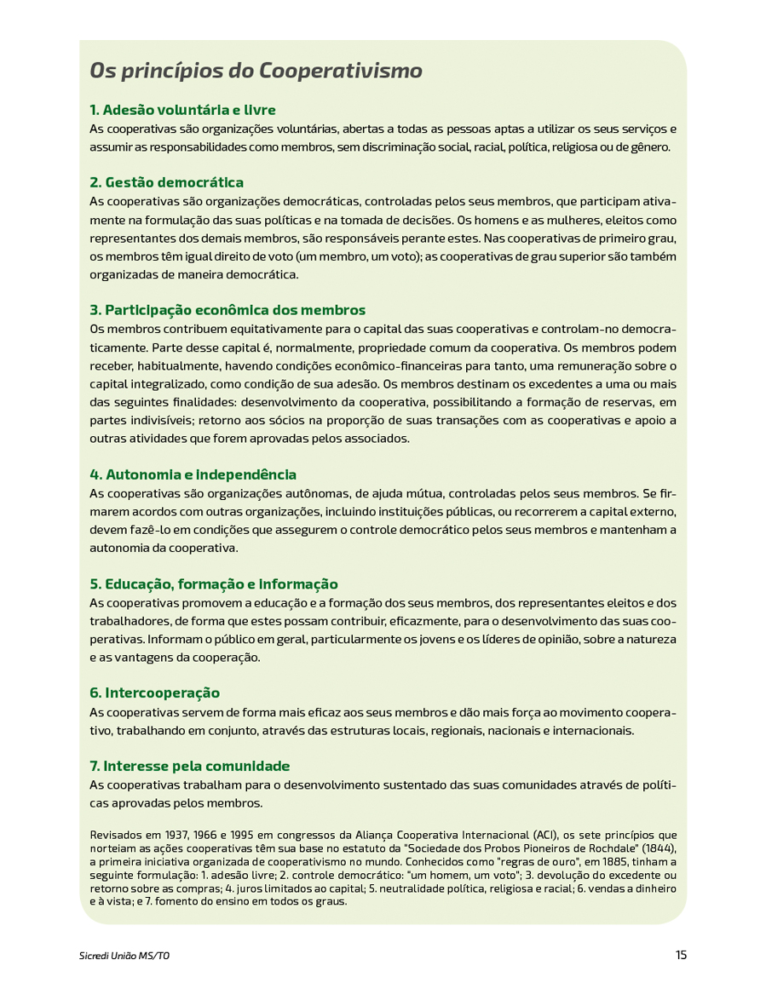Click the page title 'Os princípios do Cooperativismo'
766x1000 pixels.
point(256,70)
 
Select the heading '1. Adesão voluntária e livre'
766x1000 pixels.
point(182,110)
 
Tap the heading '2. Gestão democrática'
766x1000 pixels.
point(166,182)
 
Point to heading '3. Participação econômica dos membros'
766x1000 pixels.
point(227,310)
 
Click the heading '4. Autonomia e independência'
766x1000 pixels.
point(193,474)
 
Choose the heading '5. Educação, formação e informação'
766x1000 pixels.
point(214,584)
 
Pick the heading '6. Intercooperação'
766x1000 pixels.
point(154,693)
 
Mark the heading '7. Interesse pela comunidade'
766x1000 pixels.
point(189,766)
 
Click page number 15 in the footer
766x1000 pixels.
point(681,955)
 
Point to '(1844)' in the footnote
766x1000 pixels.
point(659,849)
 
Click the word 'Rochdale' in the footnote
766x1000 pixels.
point(608,849)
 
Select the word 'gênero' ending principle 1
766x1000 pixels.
point(651,147)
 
